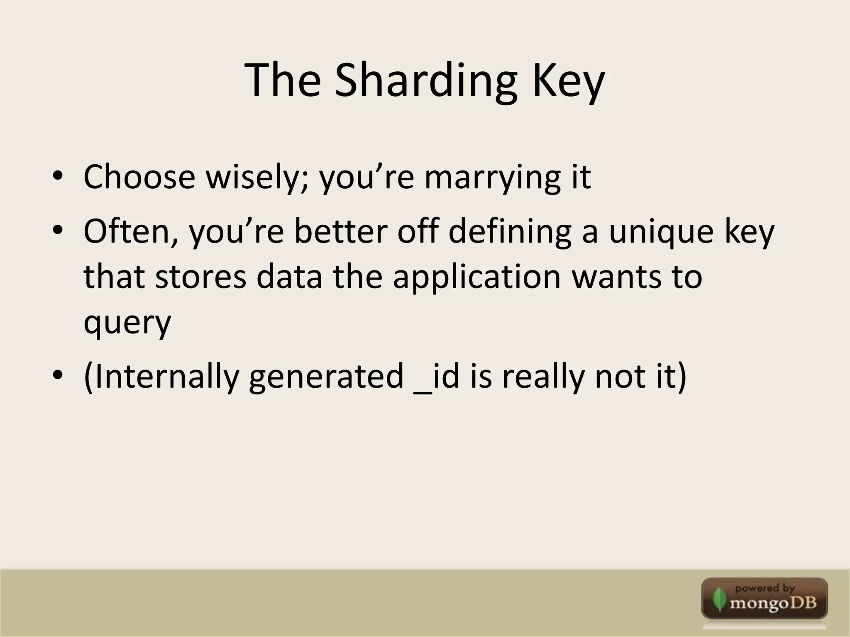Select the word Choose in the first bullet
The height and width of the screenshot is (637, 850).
point(139,177)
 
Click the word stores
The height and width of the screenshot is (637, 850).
point(201,277)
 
